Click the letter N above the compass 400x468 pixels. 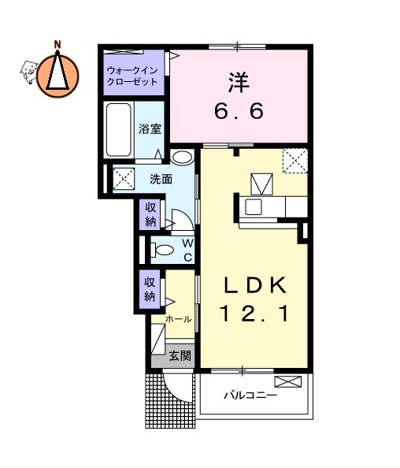click(57, 45)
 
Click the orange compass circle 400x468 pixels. click(57, 74)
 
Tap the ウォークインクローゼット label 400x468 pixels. click(132, 75)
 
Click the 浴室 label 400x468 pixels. click(150, 129)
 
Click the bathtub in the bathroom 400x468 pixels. click(119, 131)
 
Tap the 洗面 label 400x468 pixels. click(161, 179)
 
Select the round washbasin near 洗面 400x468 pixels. click(182, 157)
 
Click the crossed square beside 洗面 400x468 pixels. click(124, 178)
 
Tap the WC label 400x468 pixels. click(188, 250)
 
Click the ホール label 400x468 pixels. click(178, 320)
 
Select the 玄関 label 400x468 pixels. click(180, 355)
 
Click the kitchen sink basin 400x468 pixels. click(254, 207)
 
